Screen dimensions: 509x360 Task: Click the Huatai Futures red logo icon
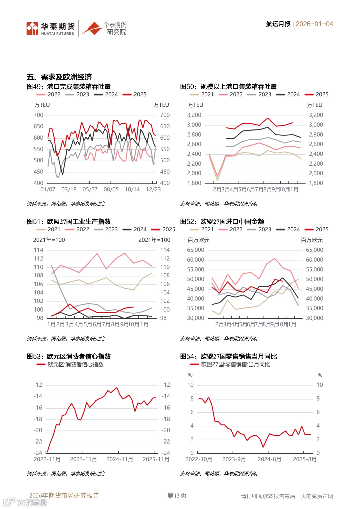[32, 29]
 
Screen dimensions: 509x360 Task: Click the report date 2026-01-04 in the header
[314, 24]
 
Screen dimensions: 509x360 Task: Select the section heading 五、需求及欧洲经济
[59, 77]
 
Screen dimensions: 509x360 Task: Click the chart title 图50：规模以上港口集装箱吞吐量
[228, 87]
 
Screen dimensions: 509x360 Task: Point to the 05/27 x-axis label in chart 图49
[90, 189]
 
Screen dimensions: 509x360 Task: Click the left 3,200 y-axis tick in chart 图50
[194, 115]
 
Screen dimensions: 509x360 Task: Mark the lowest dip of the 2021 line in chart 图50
[217, 180]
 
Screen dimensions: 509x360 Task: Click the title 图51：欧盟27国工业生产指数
[69, 222]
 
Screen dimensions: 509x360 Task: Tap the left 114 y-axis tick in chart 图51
[38, 250]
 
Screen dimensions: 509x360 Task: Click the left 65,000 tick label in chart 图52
[196, 250]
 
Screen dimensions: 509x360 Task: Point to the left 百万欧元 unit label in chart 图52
[198, 240]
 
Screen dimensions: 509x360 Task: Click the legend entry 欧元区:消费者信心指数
[75, 365]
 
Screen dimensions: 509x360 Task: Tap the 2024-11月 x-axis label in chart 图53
[119, 459]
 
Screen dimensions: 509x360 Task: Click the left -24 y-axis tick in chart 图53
[38, 453]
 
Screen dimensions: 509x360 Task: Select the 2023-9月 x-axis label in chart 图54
[234, 459]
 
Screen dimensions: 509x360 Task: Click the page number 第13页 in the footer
[177, 496]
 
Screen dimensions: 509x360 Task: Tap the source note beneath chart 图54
[219, 474]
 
